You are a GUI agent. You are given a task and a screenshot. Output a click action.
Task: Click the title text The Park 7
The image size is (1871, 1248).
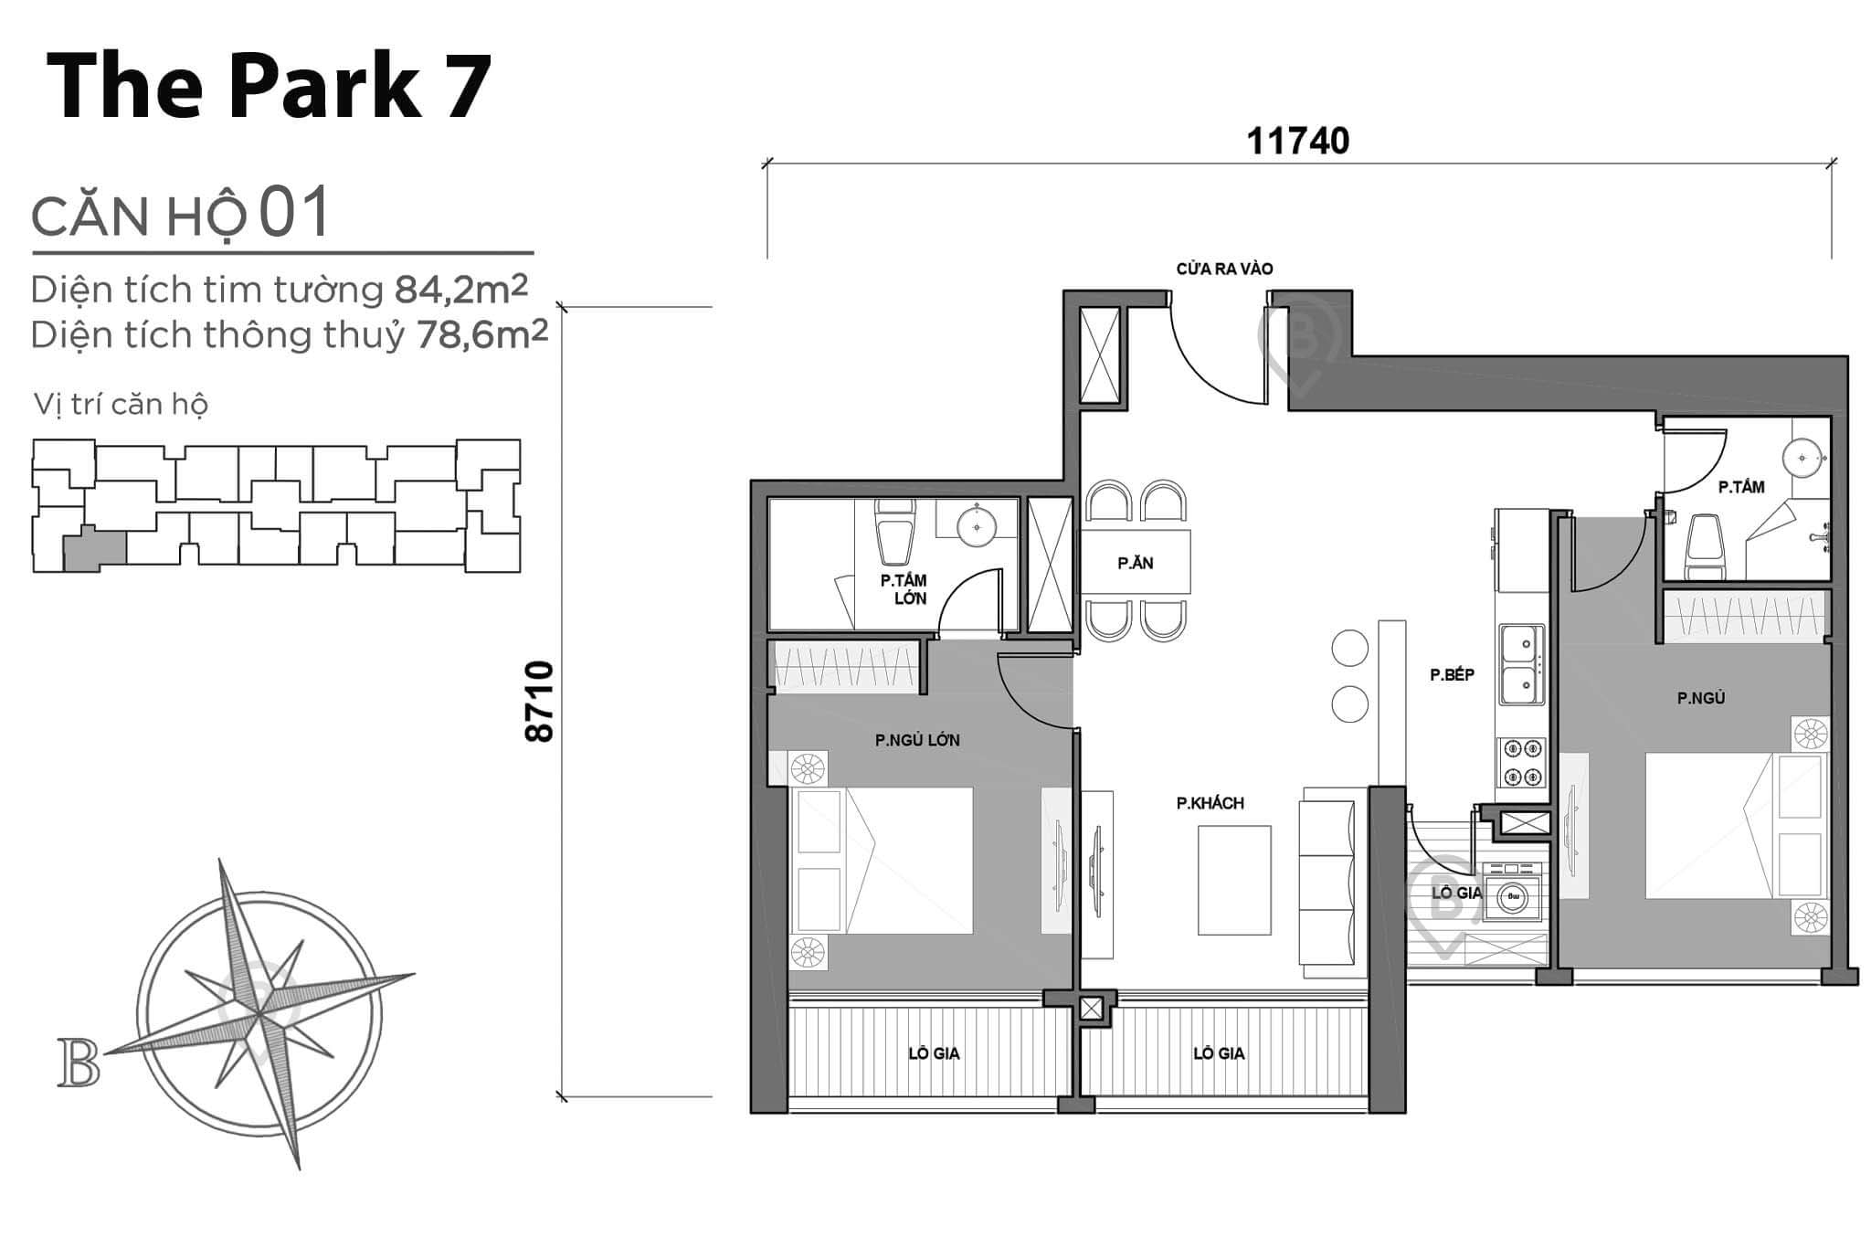click(269, 87)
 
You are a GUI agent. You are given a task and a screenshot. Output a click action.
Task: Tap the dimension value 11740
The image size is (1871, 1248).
click(1297, 142)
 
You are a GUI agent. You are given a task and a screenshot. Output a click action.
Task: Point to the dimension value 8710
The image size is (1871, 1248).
click(540, 701)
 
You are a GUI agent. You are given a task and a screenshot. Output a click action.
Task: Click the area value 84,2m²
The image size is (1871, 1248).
click(461, 290)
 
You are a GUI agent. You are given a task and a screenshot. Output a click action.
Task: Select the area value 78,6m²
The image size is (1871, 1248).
click(481, 335)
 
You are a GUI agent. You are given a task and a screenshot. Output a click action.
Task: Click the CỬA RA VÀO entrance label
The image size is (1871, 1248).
click(1224, 269)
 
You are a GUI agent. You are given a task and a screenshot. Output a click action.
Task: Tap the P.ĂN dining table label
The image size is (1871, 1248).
click(1136, 563)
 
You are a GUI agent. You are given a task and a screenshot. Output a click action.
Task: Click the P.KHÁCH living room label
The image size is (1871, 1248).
click(1210, 803)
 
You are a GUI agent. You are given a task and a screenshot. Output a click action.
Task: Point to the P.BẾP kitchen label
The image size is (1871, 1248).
click(1452, 675)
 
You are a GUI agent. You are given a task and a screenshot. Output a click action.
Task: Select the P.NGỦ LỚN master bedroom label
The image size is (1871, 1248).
click(916, 740)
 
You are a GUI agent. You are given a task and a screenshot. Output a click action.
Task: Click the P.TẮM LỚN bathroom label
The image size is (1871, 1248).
click(904, 589)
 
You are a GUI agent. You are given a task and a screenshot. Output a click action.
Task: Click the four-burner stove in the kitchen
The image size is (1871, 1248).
click(1520, 763)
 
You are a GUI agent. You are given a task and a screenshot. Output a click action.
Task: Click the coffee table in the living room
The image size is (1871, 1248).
click(1234, 880)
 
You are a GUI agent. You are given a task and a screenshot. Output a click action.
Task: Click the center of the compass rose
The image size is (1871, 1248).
click(261, 1013)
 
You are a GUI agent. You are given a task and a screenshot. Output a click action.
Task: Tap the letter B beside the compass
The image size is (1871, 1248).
click(79, 1063)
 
